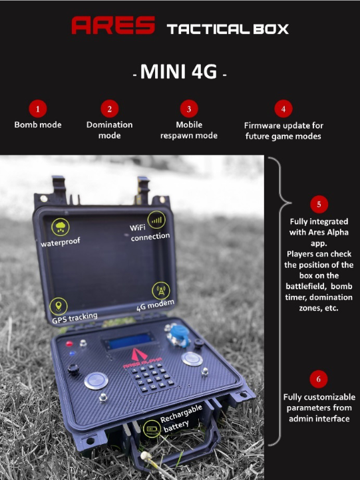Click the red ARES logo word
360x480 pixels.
pos(113,25)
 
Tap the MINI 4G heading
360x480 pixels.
pos(180,72)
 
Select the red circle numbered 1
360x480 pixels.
pos(38,108)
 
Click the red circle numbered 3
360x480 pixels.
pos(189,108)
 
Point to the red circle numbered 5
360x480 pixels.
pos(319,204)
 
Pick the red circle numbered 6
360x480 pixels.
pos(319,379)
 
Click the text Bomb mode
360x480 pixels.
pos(38,125)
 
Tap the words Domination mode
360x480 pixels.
pos(109,130)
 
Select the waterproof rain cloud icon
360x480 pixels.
pos(61,227)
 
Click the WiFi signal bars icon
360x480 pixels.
pos(156,220)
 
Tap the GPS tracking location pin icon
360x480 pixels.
pos(58,306)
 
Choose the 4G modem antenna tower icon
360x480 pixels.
pos(161,291)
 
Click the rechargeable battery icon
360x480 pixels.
pos(151,428)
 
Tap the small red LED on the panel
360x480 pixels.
pos(69,344)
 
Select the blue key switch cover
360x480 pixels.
pos(178,336)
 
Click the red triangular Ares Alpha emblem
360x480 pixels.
pos(139,354)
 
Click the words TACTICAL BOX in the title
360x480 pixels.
pos(228,29)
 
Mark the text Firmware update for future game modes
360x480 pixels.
pos(283,131)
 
